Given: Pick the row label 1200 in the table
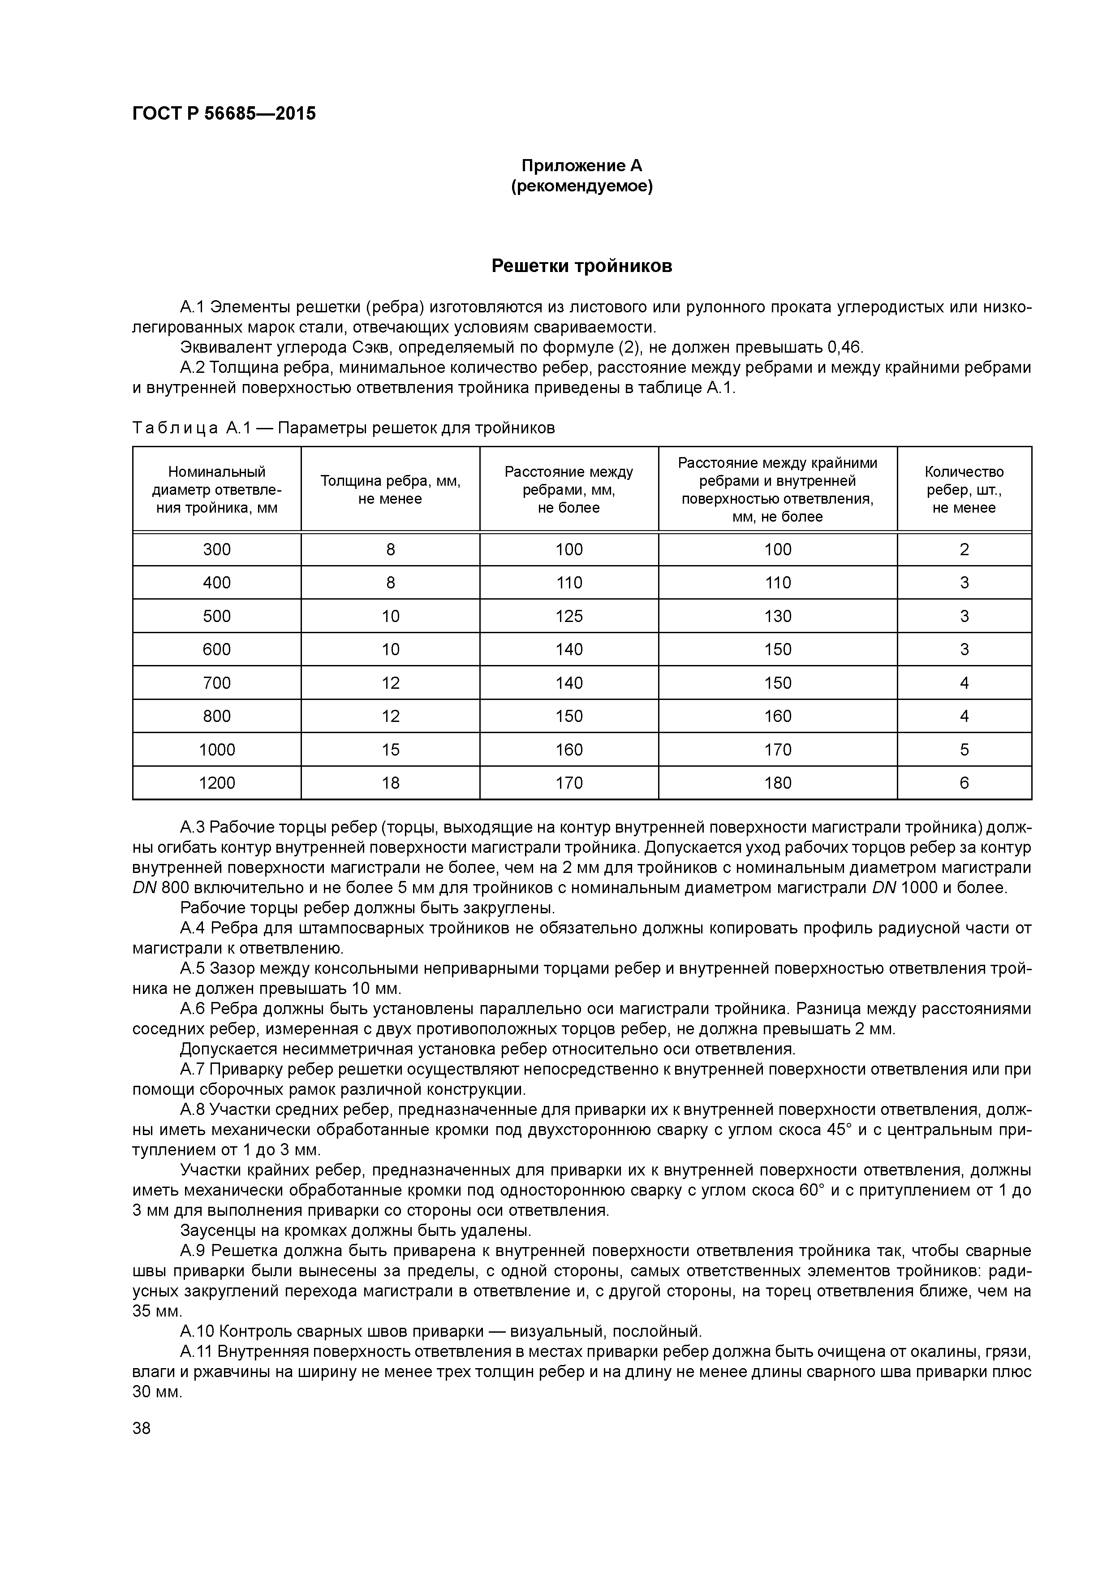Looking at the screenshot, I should click(216, 783).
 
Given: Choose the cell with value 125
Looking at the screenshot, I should click(569, 616).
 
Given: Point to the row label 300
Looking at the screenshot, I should click(216, 550).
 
